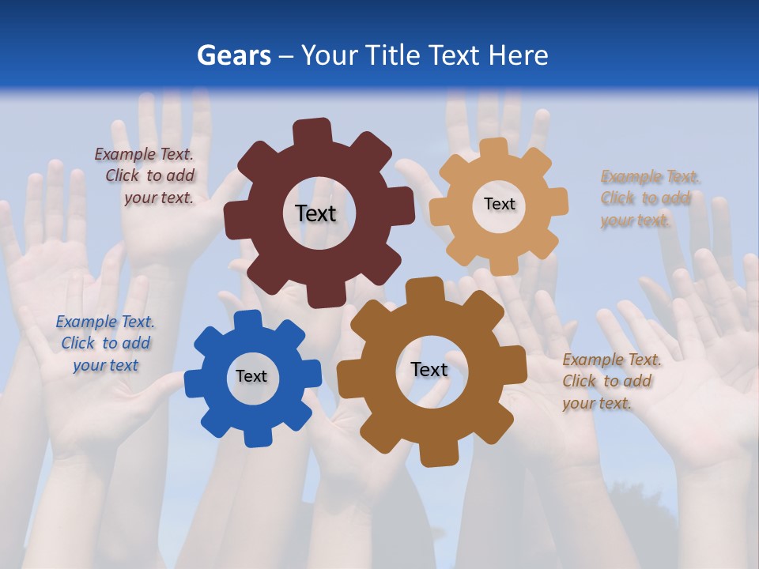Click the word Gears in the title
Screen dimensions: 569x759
point(233,56)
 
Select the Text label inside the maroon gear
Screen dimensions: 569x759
point(315,213)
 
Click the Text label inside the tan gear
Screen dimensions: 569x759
point(499,204)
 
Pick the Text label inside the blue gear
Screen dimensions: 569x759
point(251,376)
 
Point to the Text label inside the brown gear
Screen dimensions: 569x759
point(429,369)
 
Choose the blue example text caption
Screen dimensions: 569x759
point(105,343)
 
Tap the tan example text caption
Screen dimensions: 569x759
point(647,198)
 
